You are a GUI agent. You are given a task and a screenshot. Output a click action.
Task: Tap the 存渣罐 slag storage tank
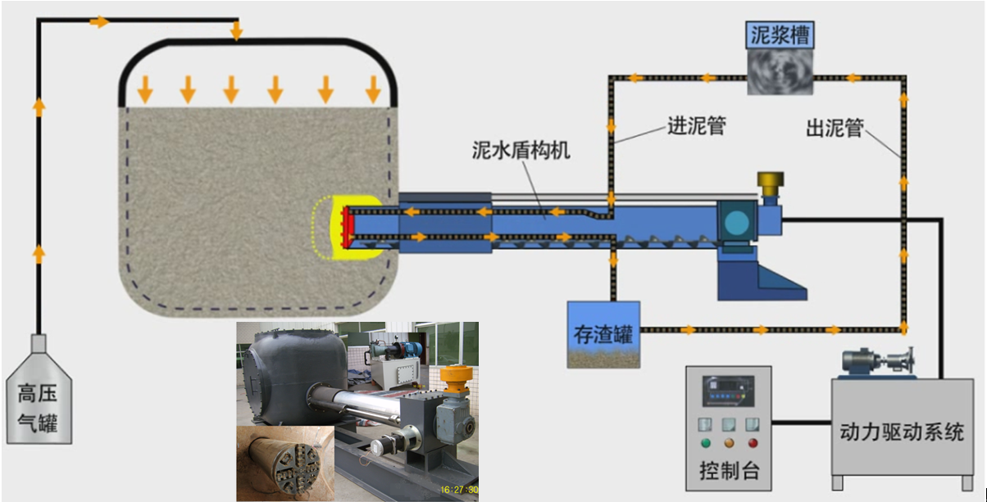tap(603, 334)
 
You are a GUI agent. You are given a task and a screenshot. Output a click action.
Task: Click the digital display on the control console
tap(727, 392)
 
